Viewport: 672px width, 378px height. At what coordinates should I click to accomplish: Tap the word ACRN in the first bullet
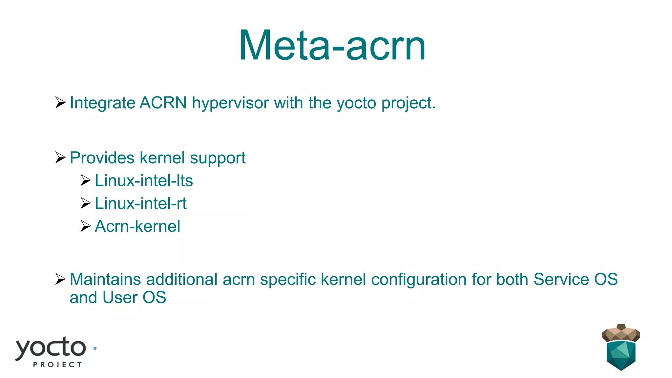163,103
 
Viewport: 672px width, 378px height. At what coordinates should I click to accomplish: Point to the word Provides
102,158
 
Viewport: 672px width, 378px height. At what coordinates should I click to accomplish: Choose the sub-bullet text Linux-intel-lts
144,181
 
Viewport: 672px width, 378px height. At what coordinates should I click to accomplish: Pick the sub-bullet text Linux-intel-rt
140,203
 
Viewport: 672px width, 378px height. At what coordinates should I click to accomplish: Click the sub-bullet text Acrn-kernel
137,226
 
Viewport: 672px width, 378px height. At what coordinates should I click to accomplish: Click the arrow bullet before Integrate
60,103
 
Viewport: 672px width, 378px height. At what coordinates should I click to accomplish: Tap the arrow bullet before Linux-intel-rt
85,203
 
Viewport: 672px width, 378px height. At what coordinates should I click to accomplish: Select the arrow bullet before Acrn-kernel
85,226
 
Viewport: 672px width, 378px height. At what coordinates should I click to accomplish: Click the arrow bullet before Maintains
60,279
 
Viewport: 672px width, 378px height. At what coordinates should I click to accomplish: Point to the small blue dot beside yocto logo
95,348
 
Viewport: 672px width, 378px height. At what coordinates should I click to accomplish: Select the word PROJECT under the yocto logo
57,365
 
